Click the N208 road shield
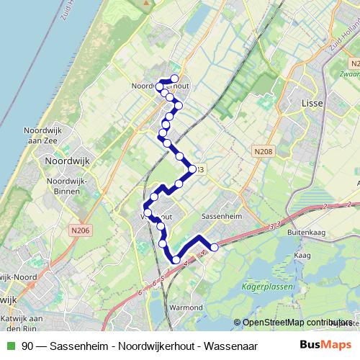pos(263,153)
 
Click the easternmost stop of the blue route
pos(214,248)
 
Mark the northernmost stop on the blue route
pos(174,78)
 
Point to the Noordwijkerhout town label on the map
pos(160,85)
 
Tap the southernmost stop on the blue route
pos(176,260)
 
